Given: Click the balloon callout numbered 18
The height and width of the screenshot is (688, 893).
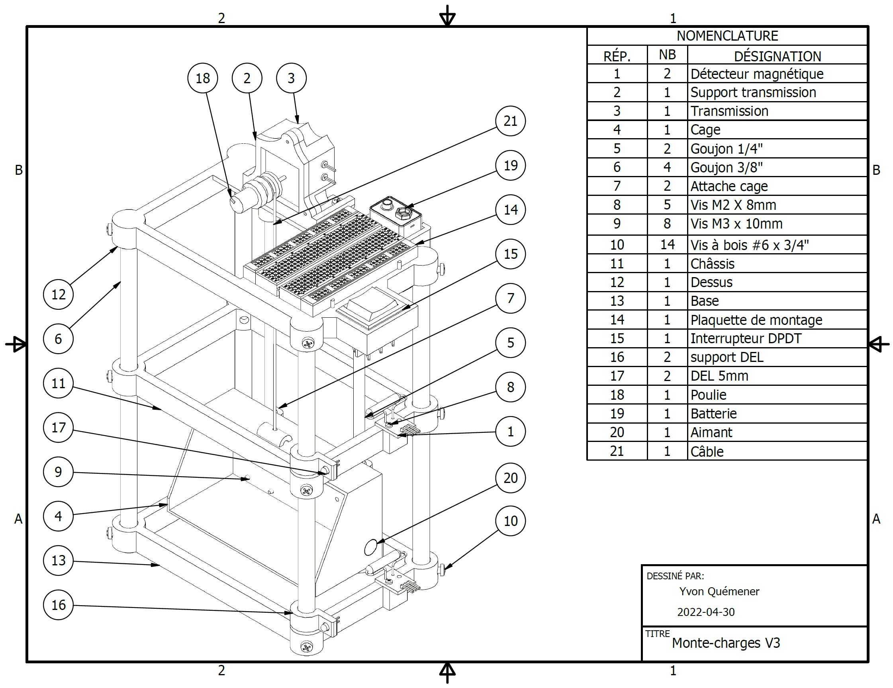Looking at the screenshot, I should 202,78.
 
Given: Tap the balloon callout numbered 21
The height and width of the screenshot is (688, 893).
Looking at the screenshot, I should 510,121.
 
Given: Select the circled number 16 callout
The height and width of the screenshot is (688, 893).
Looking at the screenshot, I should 58,605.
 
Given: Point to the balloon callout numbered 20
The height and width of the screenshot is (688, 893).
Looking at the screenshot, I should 510,478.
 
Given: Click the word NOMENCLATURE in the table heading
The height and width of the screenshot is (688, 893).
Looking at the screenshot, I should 727,36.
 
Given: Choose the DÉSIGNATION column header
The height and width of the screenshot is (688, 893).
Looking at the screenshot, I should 777,56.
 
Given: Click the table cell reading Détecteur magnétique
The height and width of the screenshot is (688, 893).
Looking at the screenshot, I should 757,74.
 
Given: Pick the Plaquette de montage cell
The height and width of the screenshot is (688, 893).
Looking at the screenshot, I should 756,320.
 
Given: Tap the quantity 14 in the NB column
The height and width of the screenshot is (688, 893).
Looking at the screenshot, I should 667,244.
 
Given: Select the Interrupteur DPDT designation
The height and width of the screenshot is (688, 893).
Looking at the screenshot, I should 746,338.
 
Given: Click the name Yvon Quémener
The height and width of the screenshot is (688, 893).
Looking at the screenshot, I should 719,591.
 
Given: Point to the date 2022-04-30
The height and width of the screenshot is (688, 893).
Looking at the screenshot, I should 706,612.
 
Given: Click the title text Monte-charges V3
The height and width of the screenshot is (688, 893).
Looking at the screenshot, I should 726,643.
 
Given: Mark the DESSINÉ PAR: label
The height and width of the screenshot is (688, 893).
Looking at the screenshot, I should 675,576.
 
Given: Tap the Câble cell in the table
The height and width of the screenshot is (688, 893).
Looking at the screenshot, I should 707,451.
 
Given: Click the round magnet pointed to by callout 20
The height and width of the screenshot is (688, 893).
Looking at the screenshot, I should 370,547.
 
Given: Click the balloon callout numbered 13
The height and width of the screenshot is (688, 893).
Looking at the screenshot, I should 58,560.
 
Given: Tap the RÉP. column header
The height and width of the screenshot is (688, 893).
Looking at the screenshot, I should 617,56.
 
